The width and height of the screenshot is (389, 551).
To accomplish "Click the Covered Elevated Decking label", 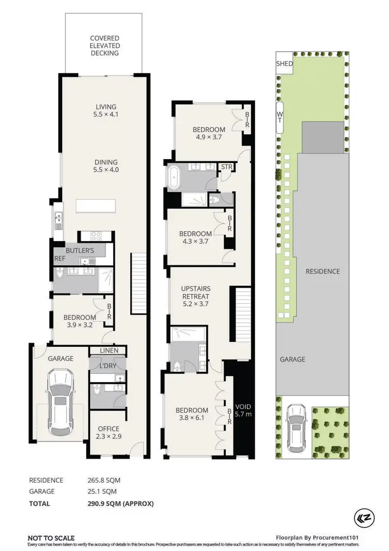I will coord(104,46).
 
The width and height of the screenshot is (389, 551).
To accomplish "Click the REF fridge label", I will coord(60,258).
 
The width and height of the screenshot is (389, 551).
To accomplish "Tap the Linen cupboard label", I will coord(109,351).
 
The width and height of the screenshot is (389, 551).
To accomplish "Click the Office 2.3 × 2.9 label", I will coord(108,432).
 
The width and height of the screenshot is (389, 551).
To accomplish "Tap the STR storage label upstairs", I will coord(226,167).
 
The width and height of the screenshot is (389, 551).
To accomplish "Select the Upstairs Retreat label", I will coord(195,296).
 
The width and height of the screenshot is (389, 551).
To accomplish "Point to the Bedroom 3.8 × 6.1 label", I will coord(194,414).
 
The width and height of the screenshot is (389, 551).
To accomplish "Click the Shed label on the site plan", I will coord(284,64).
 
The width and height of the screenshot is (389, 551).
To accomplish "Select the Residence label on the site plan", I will coord(322,271).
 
